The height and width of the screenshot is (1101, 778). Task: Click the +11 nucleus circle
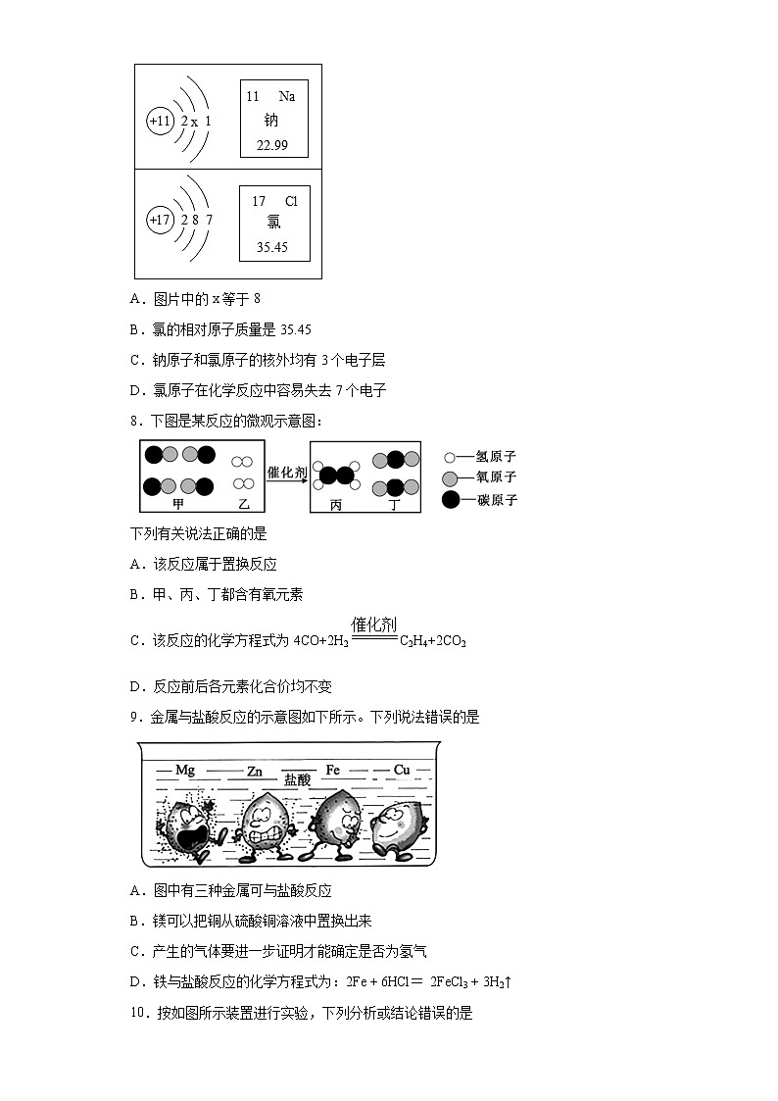pos(160,121)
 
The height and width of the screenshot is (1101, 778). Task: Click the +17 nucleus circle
pos(160,220)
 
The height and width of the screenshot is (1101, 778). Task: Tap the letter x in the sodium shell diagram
pos(194,122)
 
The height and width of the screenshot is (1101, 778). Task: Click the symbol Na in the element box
pos(286,96)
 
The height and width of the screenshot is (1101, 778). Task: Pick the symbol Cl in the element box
pos(291,201)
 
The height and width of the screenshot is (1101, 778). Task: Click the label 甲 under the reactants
pos(178,504)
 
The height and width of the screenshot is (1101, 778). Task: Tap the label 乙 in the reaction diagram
pos(244,504)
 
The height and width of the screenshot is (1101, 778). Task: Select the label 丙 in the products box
pos(336,505)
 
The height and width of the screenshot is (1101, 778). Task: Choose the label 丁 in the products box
pos(394,505)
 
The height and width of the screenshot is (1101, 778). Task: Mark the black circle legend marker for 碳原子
pos(450,500)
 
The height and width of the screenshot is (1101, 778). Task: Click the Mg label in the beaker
pos(184,771)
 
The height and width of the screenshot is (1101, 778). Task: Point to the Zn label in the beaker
pos(255,772)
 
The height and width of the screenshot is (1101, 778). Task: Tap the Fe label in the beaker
pos(332,771)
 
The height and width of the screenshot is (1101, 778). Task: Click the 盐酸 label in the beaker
pos(297,780)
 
